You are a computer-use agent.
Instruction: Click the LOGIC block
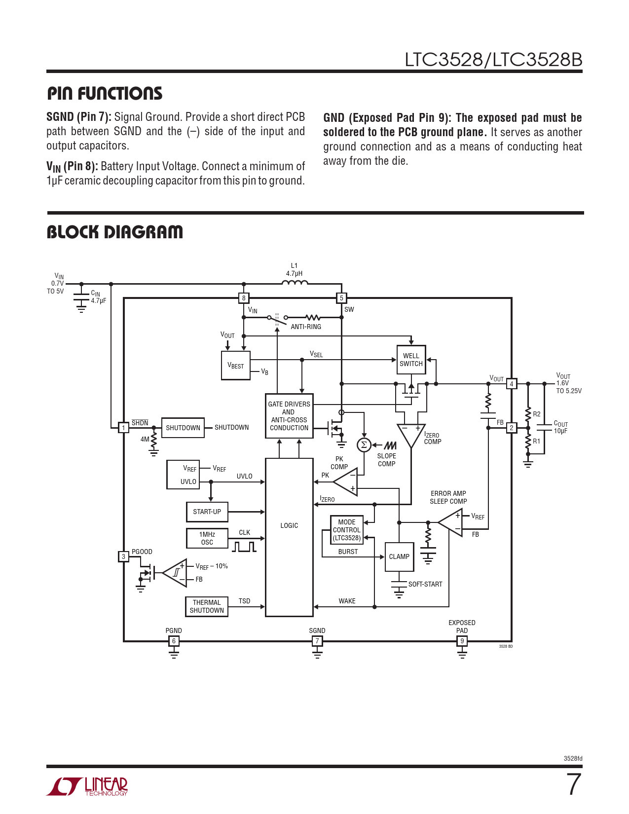289,537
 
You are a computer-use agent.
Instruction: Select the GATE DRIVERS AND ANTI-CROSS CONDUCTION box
289,416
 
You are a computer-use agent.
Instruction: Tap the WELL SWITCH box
411,360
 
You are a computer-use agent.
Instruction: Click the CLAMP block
399,556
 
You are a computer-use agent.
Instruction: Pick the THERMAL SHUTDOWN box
207,606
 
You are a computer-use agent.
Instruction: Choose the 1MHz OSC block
207,538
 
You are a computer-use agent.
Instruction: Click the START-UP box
207,512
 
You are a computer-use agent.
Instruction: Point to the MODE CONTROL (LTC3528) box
347,530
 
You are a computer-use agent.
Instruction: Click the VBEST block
236,366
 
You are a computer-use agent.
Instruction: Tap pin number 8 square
244,298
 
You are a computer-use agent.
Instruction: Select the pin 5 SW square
341,298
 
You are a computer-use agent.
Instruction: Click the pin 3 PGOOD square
123,556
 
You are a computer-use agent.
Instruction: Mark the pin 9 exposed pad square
462,641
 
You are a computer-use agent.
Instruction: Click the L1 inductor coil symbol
295,283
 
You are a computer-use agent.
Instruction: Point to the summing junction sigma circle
364,445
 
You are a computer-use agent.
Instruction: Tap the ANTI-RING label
306,327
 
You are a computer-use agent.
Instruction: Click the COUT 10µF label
560,427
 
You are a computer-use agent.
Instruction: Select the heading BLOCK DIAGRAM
114,232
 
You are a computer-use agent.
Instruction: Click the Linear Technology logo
87,786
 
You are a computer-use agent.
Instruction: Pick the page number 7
573,784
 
